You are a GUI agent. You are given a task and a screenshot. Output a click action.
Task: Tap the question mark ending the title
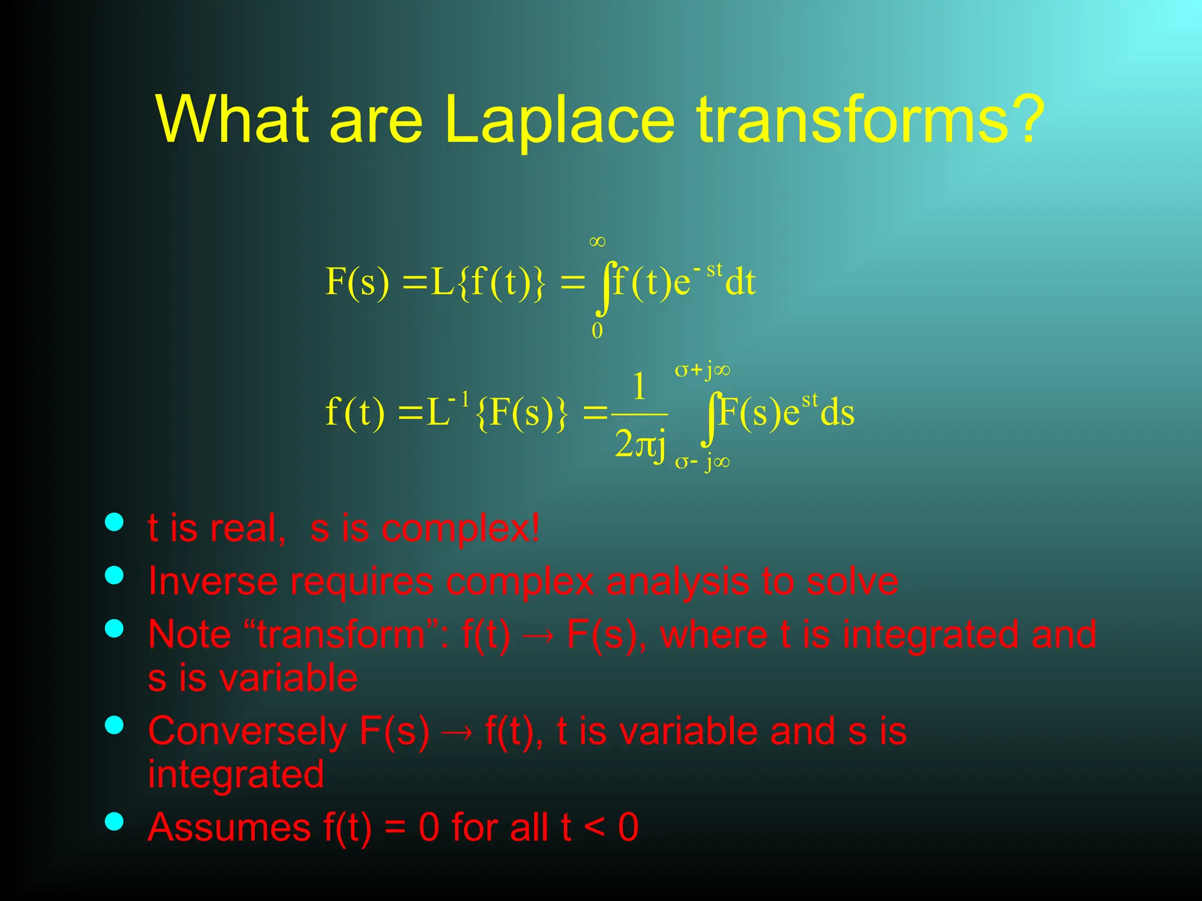point(1024,119)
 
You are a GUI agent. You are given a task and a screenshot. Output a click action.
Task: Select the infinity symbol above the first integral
point(597,242)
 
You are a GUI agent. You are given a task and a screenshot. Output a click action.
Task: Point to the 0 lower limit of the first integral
point(597,331)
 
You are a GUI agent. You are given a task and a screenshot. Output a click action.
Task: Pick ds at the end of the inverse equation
point(837,412)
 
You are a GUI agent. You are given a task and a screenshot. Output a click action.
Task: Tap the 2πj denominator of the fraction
point(640,445)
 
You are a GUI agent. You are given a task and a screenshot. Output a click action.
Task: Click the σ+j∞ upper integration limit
point(702,370)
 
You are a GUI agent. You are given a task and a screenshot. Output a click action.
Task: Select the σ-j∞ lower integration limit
point(702,462)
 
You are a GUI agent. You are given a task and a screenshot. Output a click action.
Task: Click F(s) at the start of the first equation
point(357,282)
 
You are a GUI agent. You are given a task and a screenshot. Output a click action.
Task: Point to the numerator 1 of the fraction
point(639,387)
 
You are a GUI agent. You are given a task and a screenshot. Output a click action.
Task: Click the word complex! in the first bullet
point(461,529)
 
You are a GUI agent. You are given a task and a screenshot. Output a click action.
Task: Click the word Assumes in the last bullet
point(229,827)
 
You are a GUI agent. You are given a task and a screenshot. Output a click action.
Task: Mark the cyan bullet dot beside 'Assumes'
point(114,822)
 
